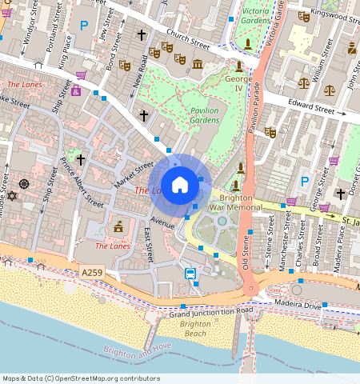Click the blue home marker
pos(180,185)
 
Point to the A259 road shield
pos(92,273)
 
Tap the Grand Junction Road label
pos(210,310)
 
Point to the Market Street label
pos(133,174)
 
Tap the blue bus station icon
pos(191,274)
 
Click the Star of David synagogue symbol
pos(11,196)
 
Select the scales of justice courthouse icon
pos(303,82)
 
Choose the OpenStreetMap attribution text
pos(81,378)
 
